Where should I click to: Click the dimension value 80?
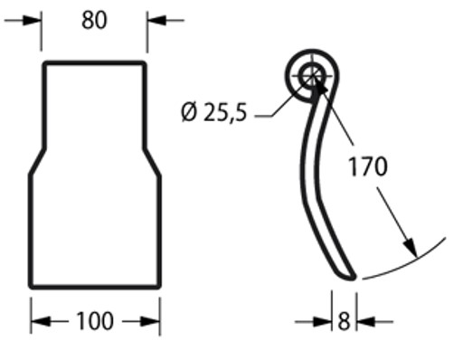tap(94, 21)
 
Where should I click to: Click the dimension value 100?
tap(95, 321)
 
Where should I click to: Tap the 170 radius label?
tap(367, 166)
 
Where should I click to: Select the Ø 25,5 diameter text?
tap(214, 112)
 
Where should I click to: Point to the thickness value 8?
tap(344, 321)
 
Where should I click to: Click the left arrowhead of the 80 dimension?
tap(33, 21)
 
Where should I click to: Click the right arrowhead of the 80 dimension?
tap(156, 21)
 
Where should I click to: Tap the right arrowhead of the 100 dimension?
tap(151, 321)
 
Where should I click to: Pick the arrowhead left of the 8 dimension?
tap(323, 322)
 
